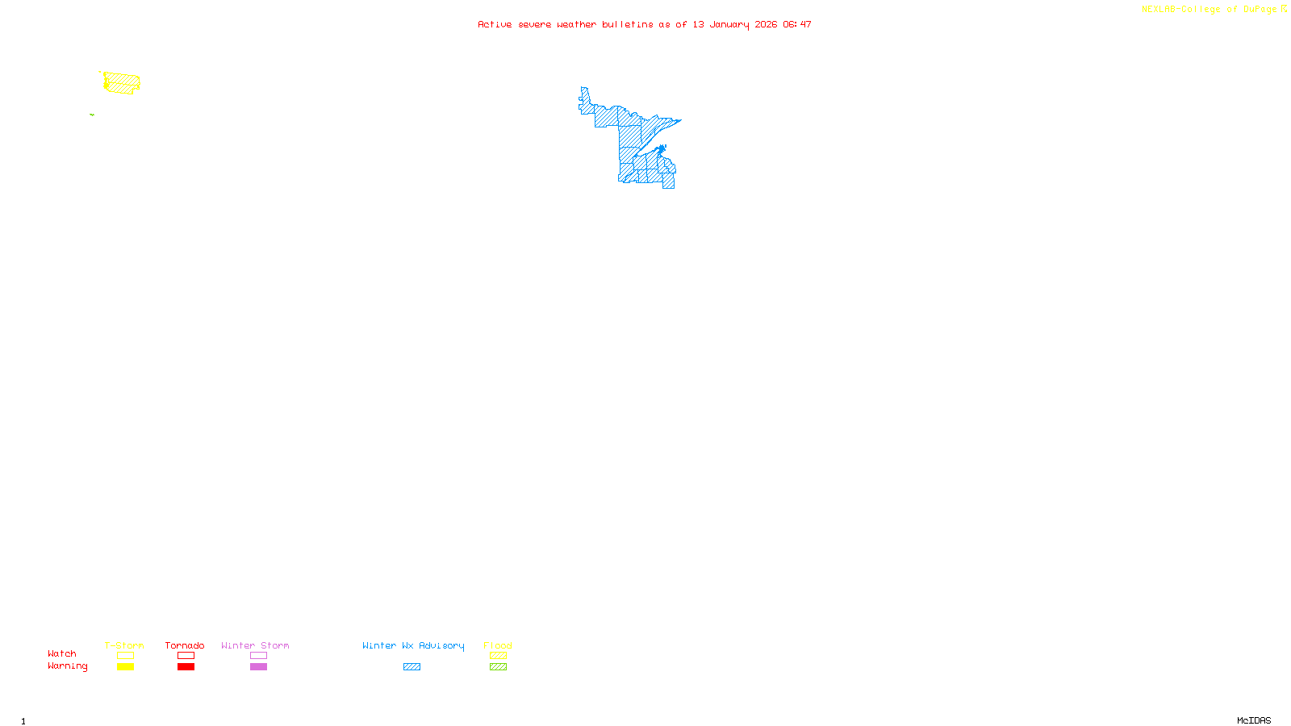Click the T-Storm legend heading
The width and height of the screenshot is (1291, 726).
coord(124,645)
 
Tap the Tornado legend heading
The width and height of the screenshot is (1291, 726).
coord(185,645)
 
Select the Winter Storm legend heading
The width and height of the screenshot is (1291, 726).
coord(255,645)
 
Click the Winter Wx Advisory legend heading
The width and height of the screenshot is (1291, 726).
coord(413,645)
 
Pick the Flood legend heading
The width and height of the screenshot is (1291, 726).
coord(498,645)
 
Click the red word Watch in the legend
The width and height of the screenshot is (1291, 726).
coord(62,653)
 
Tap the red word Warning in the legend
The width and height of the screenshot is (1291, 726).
coord(67,666)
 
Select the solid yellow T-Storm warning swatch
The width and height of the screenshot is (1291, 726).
coord(125,667)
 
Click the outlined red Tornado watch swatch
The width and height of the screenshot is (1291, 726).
coord(186,656)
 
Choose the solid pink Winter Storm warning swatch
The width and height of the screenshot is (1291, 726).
coord(258,667)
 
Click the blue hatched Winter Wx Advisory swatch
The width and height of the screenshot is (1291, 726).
coord(412,667)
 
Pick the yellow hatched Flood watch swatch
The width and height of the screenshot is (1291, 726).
coord(498,656)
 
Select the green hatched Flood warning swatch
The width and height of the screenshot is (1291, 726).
coord(498,667)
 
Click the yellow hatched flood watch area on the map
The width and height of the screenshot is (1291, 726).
coord(122,83)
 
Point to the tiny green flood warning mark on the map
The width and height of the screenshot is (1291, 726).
coord(92,115)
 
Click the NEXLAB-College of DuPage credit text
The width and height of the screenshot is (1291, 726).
coord(1209,10)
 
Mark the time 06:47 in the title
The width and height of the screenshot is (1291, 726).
coord(797,24)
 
